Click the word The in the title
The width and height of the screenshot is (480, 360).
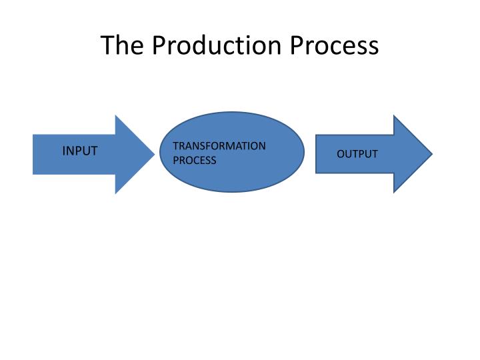(122, 45)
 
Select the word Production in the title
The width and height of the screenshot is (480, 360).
(217, 45)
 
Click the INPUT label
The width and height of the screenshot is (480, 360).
(80, 151)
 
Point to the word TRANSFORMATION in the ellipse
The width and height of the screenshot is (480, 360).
(219, 146)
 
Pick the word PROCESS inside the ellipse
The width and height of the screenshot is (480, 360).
(195, 161)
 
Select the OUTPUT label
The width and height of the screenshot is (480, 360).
(357, 154)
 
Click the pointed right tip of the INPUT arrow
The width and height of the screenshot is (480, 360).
(155, 154)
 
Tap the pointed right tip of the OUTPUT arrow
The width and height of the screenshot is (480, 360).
(432, 154)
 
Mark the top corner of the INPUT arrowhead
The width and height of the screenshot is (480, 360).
(116, 115)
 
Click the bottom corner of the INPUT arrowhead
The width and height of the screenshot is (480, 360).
(116, 193)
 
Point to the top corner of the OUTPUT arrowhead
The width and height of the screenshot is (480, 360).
(394, 115)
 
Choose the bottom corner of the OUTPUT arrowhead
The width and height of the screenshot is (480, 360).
(394, 193)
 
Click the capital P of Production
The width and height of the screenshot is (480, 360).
(158, 45)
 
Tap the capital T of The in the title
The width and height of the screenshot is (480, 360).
(107, 45)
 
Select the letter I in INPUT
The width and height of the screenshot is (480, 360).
(64, 151)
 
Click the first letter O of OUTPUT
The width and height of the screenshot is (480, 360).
(340, 154)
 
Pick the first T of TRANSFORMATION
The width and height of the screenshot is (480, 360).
(175, 146)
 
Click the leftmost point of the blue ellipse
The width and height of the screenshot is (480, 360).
(159, 152)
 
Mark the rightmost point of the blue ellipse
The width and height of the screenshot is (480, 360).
(305, 152)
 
